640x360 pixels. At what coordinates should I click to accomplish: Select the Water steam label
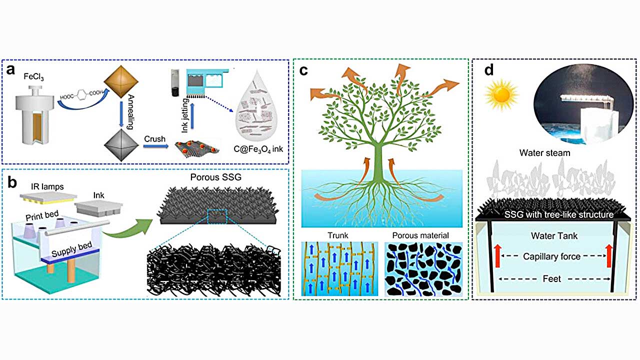coord(547,153)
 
